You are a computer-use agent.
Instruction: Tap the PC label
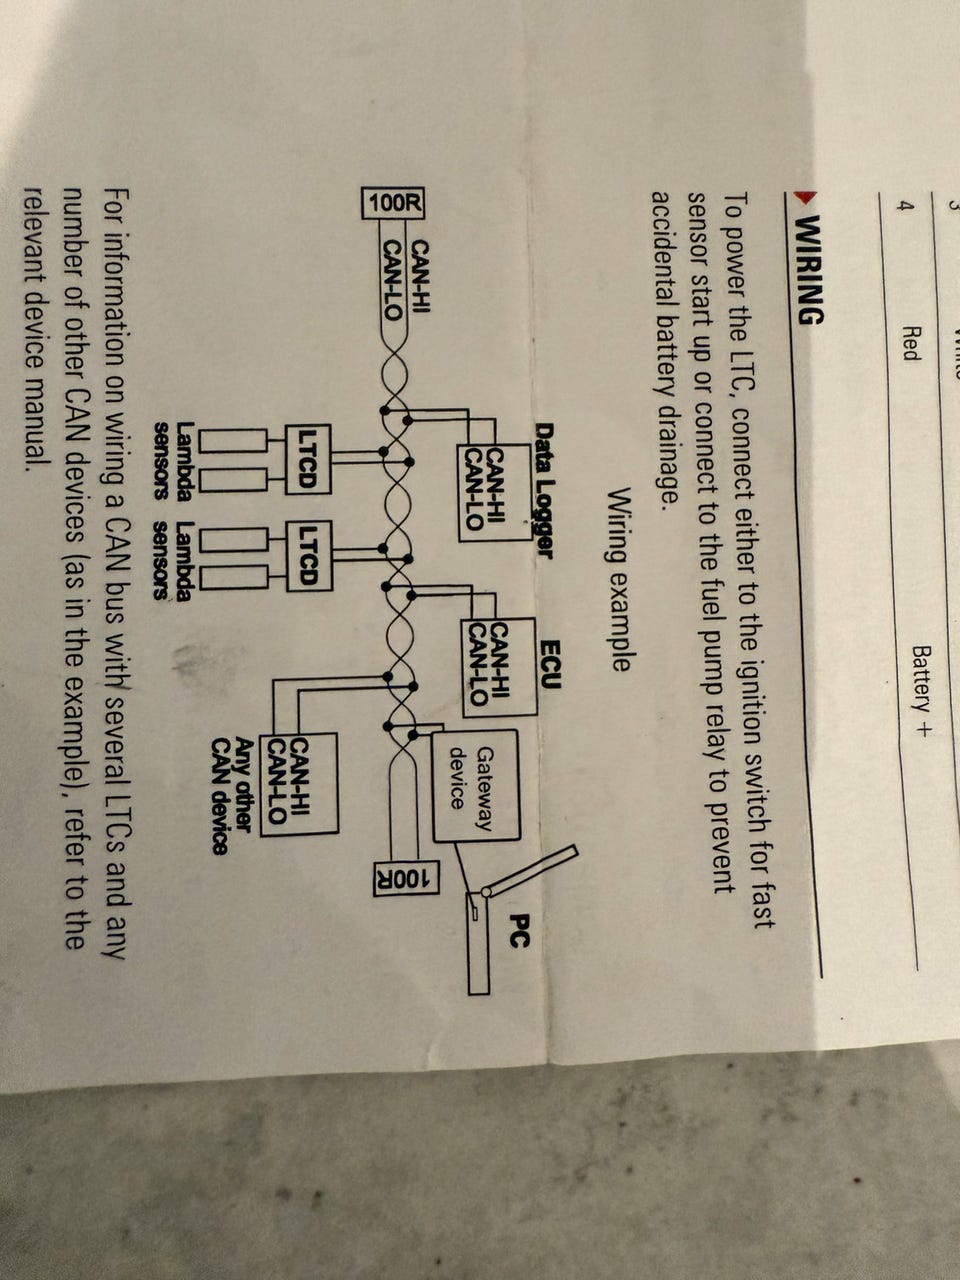(518, 930)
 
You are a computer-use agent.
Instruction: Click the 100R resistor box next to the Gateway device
(406, 878)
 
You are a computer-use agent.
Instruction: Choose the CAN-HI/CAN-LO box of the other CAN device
(298, 784)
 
